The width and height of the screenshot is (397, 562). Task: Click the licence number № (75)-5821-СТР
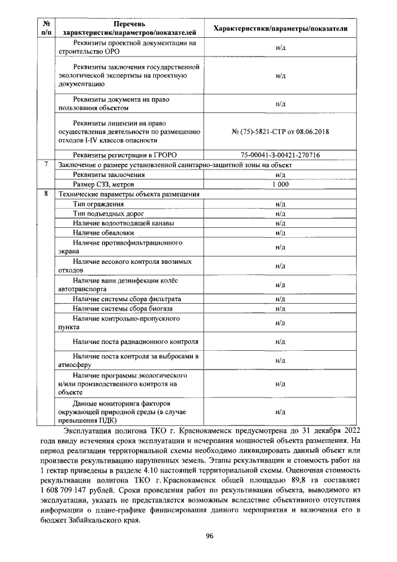point(280,132)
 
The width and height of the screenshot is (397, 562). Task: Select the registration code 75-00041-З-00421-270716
point(280,155)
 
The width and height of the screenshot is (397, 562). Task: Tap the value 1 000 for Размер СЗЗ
point(280,184)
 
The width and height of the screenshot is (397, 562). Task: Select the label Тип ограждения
point(98,204)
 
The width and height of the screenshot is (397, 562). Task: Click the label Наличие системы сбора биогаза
point(122,308)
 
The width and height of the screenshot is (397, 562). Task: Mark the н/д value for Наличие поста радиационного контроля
point(280,342)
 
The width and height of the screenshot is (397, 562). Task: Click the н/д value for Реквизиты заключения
point(280,175)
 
